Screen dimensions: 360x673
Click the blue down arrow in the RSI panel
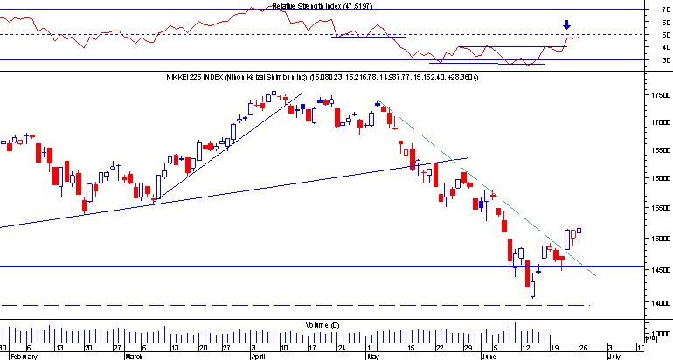[x=567, y=25]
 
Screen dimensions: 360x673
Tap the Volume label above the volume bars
[x=316, y=324]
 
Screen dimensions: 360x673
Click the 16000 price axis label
[x=661, y=178]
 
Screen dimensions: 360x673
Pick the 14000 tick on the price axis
[x=661, y=303]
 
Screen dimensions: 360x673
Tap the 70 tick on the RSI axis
[x=667, y=10]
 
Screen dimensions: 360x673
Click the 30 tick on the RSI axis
[x=667, y=60]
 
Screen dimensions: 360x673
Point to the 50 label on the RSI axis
[x=667, y=35]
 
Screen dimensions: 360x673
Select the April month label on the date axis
[x=258, y=357]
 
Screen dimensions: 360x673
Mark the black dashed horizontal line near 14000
[x=262, y=305]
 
